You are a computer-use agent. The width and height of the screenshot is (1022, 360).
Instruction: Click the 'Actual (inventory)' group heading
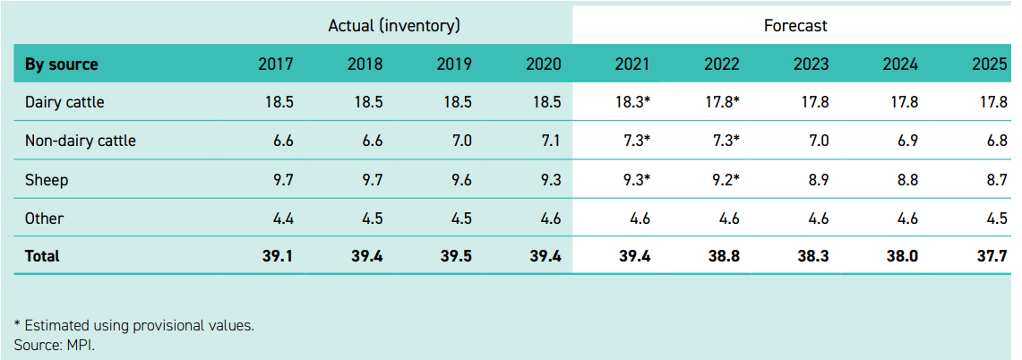394,26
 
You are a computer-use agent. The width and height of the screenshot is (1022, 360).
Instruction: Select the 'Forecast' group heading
795,26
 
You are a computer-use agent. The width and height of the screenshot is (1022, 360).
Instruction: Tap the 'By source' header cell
62,64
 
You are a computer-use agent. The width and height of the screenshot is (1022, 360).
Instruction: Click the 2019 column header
454,64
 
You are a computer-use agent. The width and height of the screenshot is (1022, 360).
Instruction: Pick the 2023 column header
811,64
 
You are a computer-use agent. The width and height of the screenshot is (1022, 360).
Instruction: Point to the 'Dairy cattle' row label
64,102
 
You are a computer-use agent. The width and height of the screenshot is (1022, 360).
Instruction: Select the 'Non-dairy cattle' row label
81,141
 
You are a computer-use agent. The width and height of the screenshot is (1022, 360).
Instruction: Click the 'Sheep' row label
47,180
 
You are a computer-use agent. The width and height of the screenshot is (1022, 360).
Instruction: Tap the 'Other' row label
45,218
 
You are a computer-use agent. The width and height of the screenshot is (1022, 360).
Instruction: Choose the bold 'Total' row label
42,256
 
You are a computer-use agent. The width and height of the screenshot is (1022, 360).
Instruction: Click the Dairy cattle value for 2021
632,102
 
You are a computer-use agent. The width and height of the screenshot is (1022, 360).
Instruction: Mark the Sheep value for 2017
282,180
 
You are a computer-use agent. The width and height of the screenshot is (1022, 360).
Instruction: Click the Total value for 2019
457,256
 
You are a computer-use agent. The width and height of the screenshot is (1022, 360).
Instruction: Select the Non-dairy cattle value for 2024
906,141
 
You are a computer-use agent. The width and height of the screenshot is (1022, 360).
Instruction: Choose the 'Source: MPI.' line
55,345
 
